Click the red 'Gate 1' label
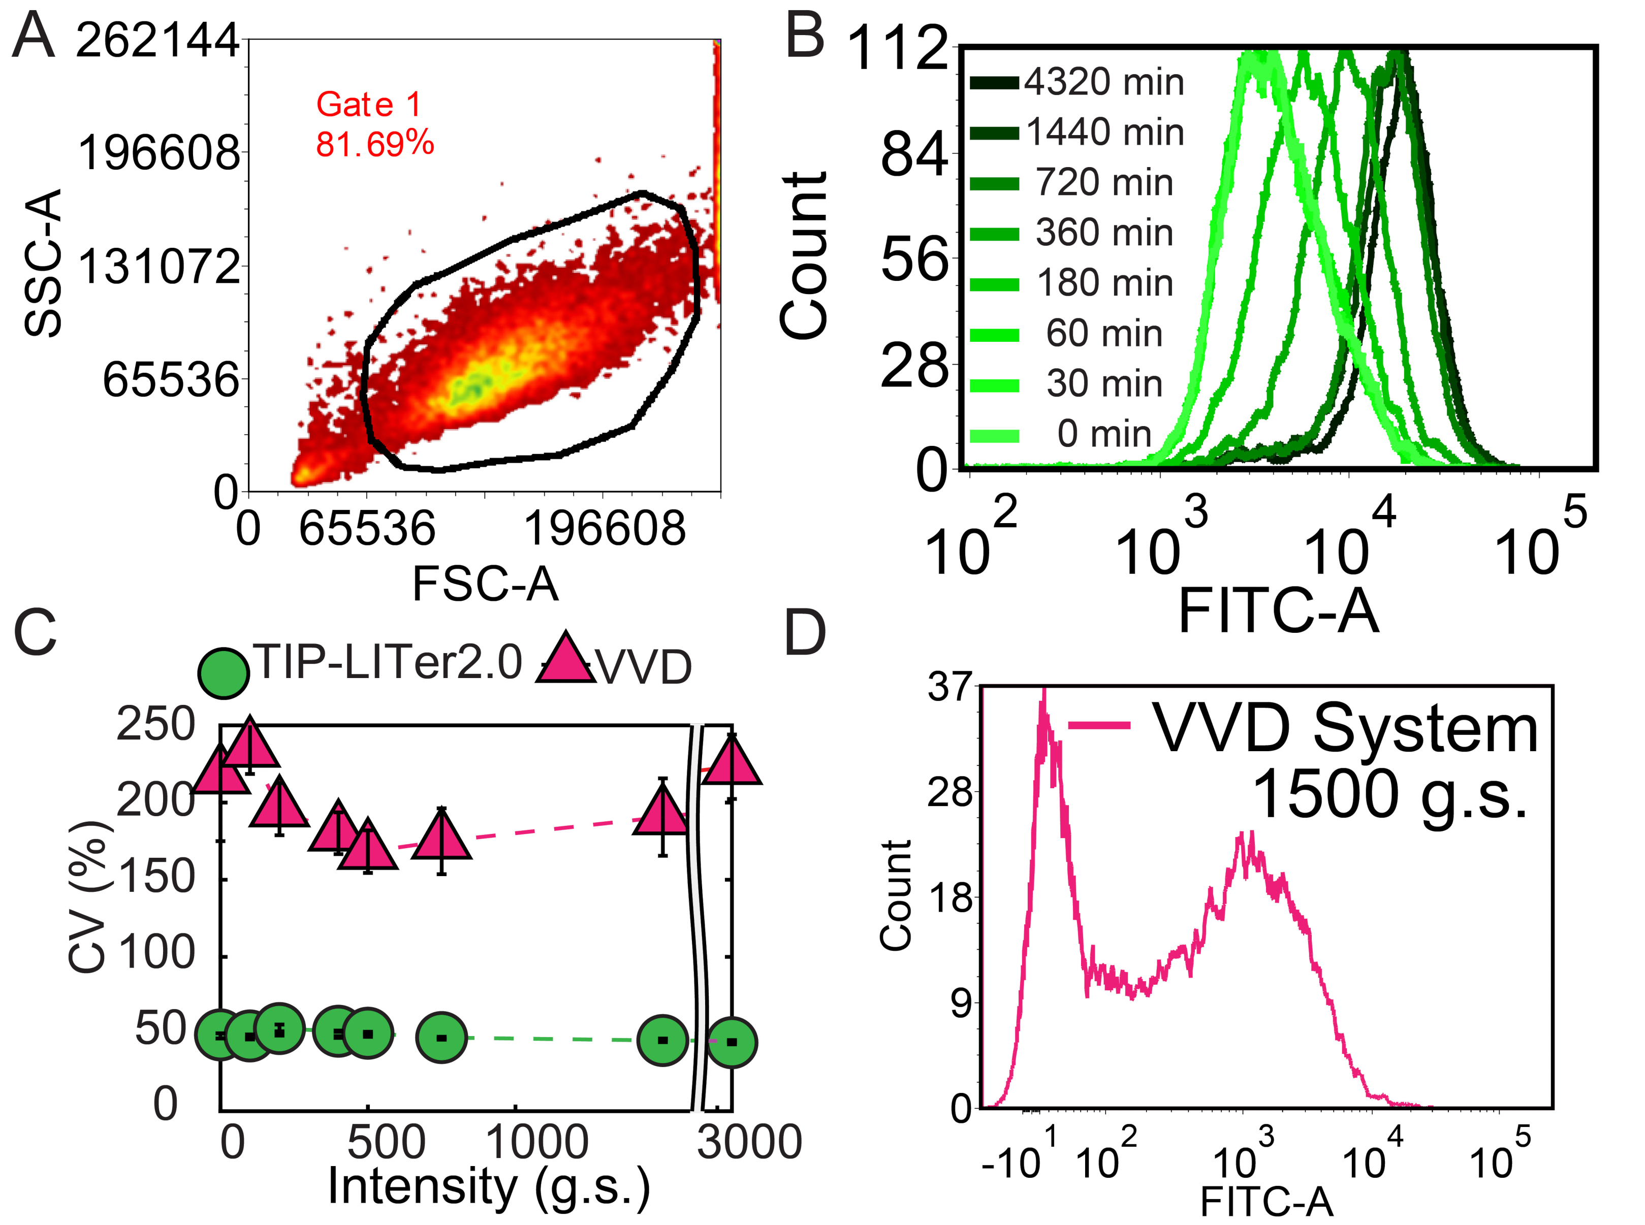coord(369,105)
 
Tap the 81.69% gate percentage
coord(374,144)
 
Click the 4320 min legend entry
coord(1103,82)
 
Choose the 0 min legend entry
coord(1103,434)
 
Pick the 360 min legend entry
coord(1103,233)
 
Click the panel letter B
coord(805,37)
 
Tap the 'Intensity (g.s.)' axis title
coord(489,1186)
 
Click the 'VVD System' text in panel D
coord(1345,730)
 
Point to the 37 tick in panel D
coord(950,689)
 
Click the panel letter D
coord(805,633)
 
